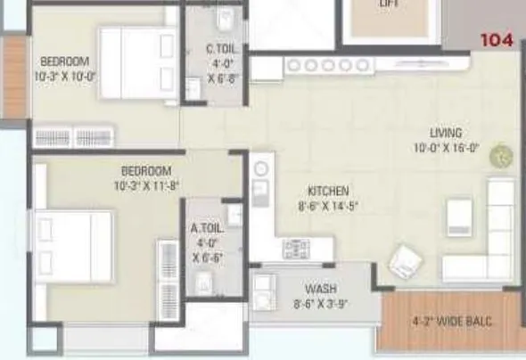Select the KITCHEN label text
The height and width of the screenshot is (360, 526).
coord(328,191)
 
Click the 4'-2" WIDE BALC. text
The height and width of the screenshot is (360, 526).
coord(452,321)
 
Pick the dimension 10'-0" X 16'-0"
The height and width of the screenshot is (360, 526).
coord(447,149)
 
